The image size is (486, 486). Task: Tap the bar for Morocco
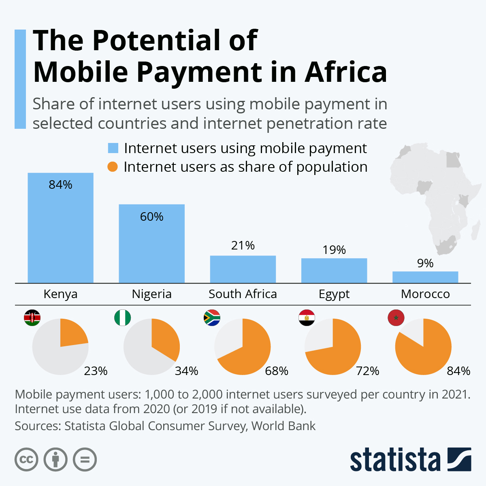(x=425, y=277)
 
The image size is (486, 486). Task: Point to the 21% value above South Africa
(x=243, y=245)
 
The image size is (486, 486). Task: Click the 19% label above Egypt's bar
(x=334, y=250)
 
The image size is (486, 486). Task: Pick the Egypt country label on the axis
(x=334, y=294)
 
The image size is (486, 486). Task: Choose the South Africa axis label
(x=243, y=294)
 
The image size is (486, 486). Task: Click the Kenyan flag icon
(x=32, y=318)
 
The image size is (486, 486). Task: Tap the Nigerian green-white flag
(x=123, y=318)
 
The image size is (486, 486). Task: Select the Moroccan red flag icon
(x=396, y=318)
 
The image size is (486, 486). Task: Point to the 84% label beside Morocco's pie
(x=458, y=371)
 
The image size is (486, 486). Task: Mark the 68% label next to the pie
(x=277, y=371)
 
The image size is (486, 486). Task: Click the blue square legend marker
(x=113, y=148)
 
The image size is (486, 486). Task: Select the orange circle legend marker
(x=113, y=167)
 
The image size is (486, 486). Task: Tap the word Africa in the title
(x=346, y=72)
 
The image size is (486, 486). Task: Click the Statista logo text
(x=395, y=460)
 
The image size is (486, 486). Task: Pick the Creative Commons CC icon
(x=26, y=460)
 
